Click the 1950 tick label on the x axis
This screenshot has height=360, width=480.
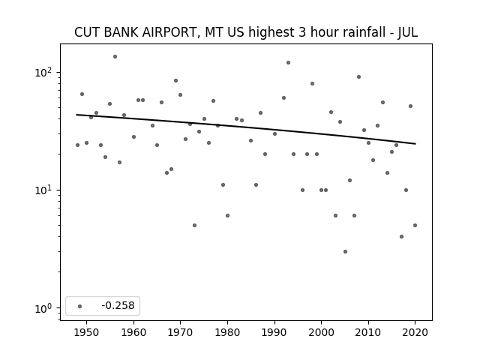click(87, 332)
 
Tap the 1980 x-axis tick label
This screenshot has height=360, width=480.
click(227, 332)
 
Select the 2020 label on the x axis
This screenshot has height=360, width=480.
click(415, 332)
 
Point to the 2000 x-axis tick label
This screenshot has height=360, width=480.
click(322, 332)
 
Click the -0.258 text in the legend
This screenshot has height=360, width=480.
click(118, 305)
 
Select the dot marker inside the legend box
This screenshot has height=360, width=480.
click(80, 306)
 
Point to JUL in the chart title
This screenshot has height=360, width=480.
click(407, 32)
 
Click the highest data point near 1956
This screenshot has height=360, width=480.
click(115, 57)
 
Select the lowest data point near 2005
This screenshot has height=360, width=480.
click(345, 252)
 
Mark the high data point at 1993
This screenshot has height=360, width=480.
click(288, 63)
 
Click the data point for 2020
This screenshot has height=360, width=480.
click(415, 225)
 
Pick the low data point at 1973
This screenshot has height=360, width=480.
click(195, 225)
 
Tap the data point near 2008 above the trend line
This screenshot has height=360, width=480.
click(358, 76)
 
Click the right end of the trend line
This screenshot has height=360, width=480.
click(415, 143)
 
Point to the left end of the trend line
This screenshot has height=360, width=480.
click(76, 115)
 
